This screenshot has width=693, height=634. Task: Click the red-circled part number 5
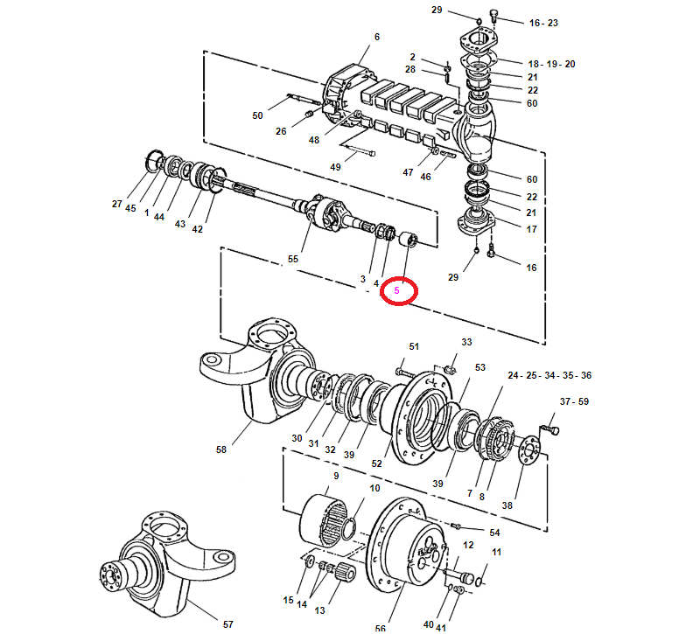(x=397, y=290)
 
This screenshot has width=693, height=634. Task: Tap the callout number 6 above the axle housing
(x=377, y=37)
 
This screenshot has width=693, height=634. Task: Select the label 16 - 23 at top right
(x=543, y=23)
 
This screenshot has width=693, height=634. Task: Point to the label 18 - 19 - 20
(x=551, y=64)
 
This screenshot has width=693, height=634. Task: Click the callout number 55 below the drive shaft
(x=293, y=259)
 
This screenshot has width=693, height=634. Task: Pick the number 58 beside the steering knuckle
(x=221, y=449)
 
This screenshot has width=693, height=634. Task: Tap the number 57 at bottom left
(x=228, y=624)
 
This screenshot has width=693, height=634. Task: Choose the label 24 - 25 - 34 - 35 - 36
(x=549, y=375)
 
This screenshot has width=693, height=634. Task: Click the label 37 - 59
(x=574, y=401)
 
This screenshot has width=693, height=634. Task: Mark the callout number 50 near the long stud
(x=257, y=115)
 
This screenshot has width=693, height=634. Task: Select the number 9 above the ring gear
(x=336, y=476)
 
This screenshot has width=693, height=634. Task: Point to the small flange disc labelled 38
(x=529, y=449)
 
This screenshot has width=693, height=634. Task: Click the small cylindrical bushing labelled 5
(x=409, y=239)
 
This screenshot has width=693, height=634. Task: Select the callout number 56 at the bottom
(x=380, y=629)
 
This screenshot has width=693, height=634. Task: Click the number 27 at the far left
(x=116, y=204)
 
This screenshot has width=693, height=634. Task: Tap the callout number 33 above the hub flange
(x=466, y=342)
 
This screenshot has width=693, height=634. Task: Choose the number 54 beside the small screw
(x=494, y=533)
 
